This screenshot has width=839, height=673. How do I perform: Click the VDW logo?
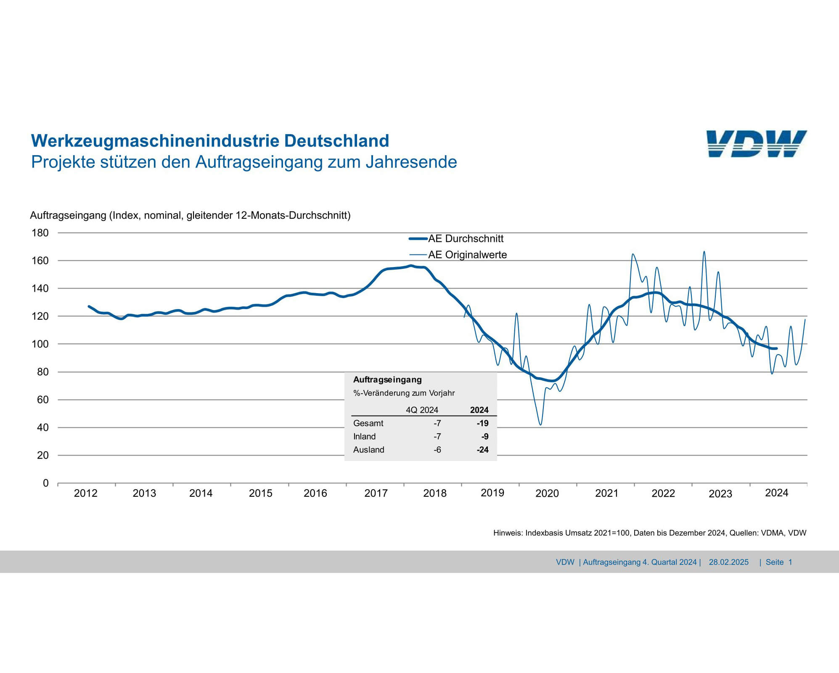pyautogui.click(x=756, y=144)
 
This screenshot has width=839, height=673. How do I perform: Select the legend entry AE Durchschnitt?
pyautogui.click(x=466, y=238)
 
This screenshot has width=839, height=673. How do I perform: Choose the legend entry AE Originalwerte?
pyautogui.click(x=467, y=254)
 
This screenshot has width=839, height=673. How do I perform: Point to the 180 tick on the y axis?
pyautogui.click(x=40, y=233)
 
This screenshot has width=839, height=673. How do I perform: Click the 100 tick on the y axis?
pyautogui.click(x=40, y=344)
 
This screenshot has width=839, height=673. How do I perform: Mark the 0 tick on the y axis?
pyautogui.click(x=46, y=483)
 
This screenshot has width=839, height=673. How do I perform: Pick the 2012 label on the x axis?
pyautogui.click(x=85, y=493)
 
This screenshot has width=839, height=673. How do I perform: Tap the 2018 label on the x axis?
pyautogui.click(x=434, y=493)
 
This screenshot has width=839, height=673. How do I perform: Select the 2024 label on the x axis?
pyautogui.click(x=776, y=493)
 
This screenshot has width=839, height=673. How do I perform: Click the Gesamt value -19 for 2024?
pyautogui.click(x=482, y=423)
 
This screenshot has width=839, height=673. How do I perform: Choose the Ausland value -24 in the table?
pyautogui.click(x=482, y=450)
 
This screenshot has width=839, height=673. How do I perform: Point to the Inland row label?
pyautogui.click(x=364, y=437)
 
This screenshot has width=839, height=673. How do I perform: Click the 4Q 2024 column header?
pyautogui.click(x=422, y=410)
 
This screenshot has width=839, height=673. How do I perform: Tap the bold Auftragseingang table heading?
pyautogui.click(x=387, y=379)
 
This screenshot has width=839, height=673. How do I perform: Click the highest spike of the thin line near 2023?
pyautogui.click(x=704, y=252)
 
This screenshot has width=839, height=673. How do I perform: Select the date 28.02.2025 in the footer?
pyautogui.click(x=728, y=562)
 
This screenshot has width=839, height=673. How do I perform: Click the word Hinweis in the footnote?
pyautogui.click(x=507, y=533)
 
